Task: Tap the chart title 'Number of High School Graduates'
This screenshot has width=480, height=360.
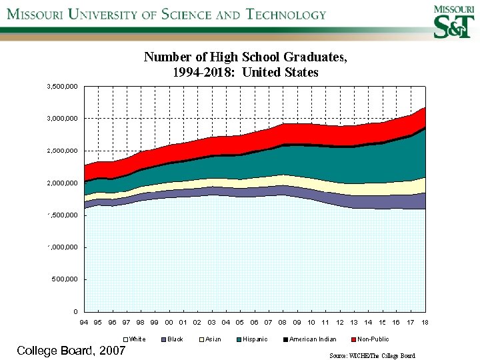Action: [245, 57]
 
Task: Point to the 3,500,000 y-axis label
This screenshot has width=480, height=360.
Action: [62, 87]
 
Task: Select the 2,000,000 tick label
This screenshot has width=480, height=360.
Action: [62, 183]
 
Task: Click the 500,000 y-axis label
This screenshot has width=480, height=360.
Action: [65, 279]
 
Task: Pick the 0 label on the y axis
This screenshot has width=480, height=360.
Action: [75, 311]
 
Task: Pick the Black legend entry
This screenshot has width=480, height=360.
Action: [171, 339]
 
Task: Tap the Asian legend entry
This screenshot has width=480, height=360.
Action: [209, 339]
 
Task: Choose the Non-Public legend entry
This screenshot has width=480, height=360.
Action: [369, 339]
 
